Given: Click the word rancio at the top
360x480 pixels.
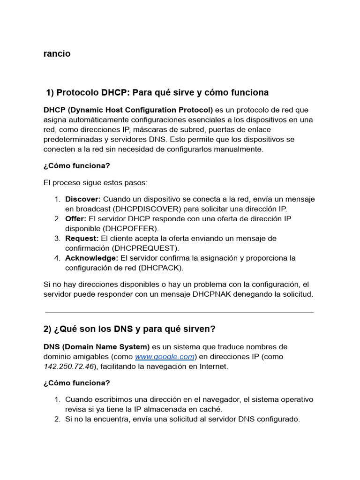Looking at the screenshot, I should click(x=57, y=53).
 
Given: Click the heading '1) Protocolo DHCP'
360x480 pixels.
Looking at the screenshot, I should click(x=157, y=92).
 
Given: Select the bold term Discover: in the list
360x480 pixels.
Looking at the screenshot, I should click(x=83, y=199).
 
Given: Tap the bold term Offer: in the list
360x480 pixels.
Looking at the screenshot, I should click(x=76, y=219).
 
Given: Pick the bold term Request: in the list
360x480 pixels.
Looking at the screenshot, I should click(x=82, y=239).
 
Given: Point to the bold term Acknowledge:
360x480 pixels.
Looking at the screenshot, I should click(x=91, y=258).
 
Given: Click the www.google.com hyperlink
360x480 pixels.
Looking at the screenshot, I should click(x=165, y=357).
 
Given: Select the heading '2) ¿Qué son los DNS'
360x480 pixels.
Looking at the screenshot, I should click(x=129, y=329).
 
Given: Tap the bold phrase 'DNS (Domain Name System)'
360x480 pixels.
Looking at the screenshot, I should click(x=97, y=347).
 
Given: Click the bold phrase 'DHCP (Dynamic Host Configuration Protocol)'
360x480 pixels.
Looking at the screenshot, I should click(x=128, y=110).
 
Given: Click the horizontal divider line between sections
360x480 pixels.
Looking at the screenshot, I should click(x=180, y=312).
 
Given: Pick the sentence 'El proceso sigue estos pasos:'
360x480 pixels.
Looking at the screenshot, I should click(x=95, y=182).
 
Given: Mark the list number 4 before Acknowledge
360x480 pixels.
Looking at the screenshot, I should click(x=57, y=258).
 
